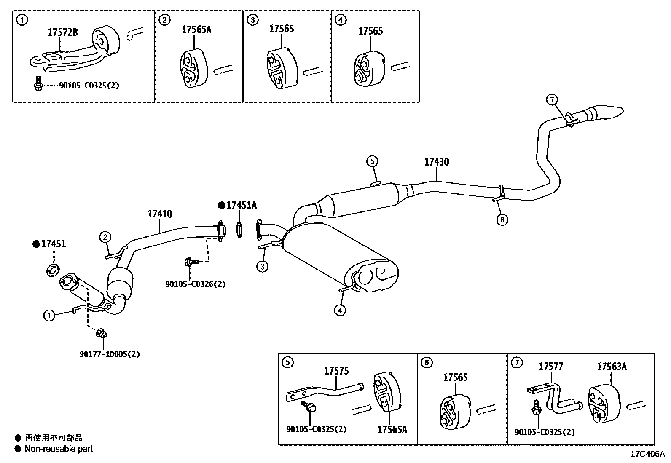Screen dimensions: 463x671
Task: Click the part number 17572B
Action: coord(62,32)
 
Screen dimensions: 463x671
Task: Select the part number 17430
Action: coord(436,162)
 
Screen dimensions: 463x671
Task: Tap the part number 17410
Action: coord(160,214)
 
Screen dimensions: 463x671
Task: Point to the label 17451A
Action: coord(242,205)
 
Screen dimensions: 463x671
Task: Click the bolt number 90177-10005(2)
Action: coord(109,354)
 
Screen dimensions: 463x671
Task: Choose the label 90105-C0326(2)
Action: coord(195,284)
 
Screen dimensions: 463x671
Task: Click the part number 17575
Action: coord(336,371)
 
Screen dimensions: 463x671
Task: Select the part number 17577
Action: coord(550,367)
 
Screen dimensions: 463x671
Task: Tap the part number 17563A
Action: coord(612,367)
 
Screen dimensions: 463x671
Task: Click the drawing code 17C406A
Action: coord(647,454)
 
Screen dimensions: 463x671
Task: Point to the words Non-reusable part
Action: coord(59,449)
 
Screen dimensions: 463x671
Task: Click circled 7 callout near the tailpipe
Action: coord(552,100)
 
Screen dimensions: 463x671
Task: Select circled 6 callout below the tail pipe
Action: coord(502,219)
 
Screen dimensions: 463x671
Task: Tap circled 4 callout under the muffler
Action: coord(340,310)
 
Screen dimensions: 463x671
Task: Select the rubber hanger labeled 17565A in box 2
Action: coord(193,69)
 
